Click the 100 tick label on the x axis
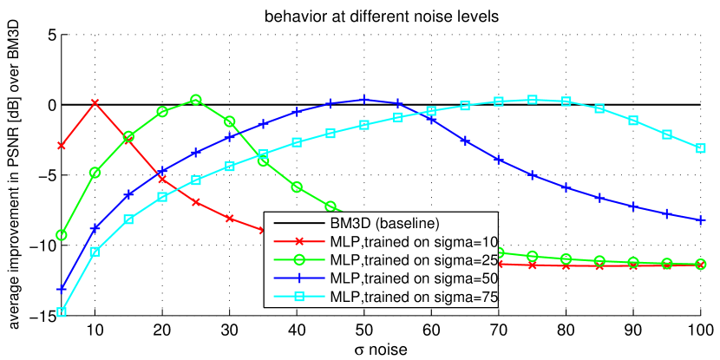click(x=698, y=331)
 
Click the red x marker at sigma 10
click(x=95, y=103)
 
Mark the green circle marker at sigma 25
click(x=196, y=101)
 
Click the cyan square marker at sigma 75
click(x=533, y=100)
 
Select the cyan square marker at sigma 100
click(x=700, y=148)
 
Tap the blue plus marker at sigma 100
click(x=700, y=220)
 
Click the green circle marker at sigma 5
click(x=62, y=235)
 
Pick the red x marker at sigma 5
click(x=62, y=146)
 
